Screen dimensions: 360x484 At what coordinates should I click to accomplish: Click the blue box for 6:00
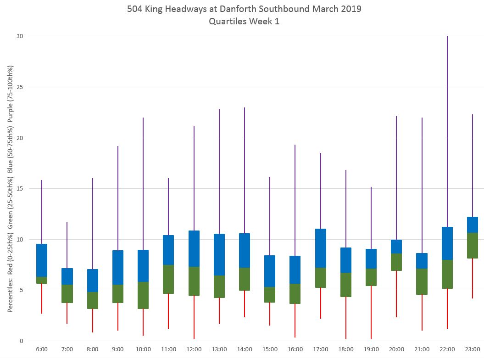[x=42, y=260]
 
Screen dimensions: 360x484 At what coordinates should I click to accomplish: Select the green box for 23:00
[x=473, y=246]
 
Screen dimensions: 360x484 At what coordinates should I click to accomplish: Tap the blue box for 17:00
[x=321, y=248]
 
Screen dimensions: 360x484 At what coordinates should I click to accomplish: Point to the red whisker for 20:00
[x=396, y=294]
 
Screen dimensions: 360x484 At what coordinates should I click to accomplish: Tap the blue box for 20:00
[x=396, y=247]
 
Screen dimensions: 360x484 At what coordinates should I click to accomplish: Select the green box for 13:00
[x=219, y=287]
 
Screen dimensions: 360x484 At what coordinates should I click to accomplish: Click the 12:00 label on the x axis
[x=194, y=349]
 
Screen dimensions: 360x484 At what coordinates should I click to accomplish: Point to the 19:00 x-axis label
[x=371, y=349]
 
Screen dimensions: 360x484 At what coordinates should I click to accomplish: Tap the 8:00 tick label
[x=92, y=349]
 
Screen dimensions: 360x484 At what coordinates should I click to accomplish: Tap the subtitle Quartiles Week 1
[x=244, y=21]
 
